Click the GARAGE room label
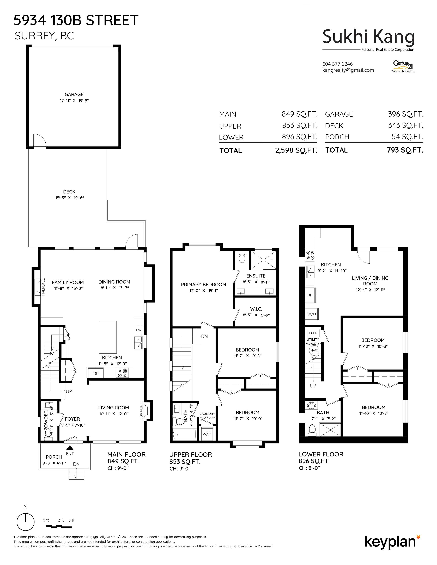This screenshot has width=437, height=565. coord(74,95)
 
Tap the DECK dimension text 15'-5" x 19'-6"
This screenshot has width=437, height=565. coord(70,198)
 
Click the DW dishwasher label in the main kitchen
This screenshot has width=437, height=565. coord(138,330)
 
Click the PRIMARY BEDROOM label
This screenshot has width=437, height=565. coord(203,285)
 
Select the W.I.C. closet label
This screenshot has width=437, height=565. coord(256,309)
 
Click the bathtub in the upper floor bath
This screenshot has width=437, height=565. coord(185,434)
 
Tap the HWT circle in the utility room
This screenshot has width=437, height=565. coord(314,350)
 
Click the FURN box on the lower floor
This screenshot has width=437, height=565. coord(313,333)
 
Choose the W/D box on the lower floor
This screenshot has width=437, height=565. coord(312,314)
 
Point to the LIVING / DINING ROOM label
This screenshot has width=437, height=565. coord(370,281)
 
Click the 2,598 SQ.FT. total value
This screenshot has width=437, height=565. coord(296,150)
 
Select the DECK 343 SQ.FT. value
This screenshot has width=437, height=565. coord(406,126)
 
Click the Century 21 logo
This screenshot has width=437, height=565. coord(403,66)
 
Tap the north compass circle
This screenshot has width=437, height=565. coord(25,522)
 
